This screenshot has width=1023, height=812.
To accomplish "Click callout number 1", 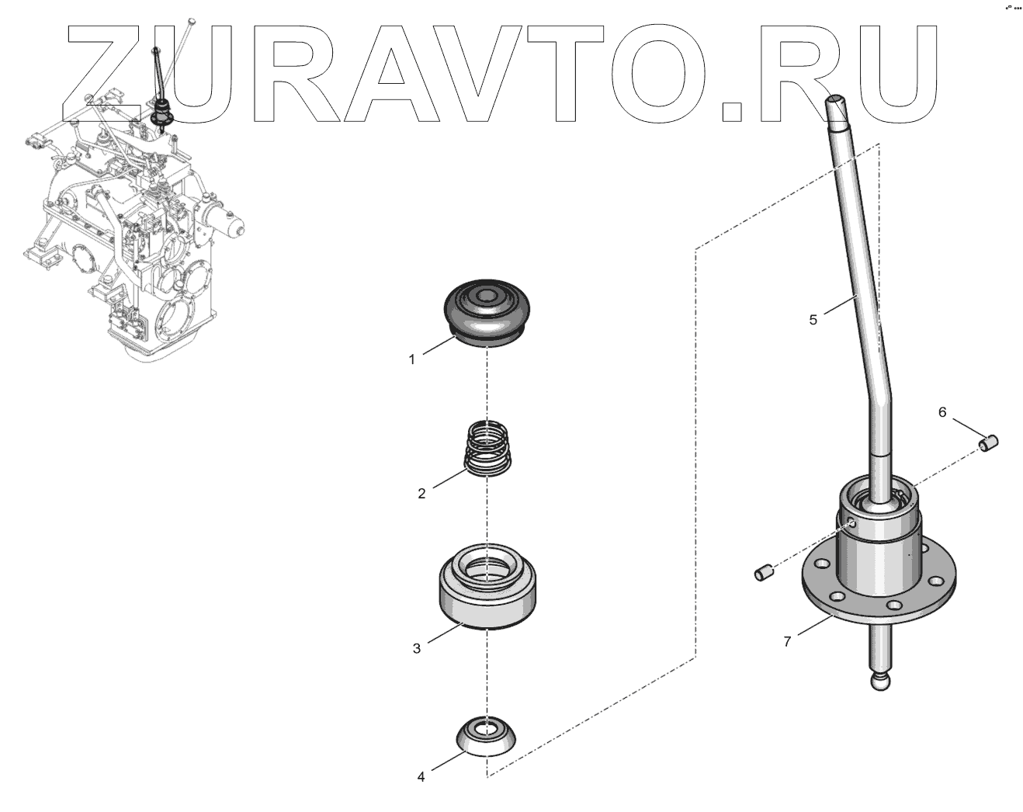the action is pyautogui.click(x=411, y=360).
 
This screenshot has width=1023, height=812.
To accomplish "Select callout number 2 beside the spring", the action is pyautogui.click(x=421, y=494).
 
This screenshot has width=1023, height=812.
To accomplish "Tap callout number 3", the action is pyautogui.click(x=417, y=648).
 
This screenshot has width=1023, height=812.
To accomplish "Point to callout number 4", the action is pyautogui.click(x=421, y=777).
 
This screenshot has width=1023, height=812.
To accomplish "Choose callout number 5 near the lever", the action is pyautogui.click(x=813, y=320).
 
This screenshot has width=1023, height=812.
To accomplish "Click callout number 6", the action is pyautogui.click(x=942, y=412).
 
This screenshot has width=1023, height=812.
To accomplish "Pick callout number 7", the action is pyautogui.click(x=787, y=642).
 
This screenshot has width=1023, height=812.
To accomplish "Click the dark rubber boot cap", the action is pyautogui.click(x=487, y=314).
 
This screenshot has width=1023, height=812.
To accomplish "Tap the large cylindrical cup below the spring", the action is pyautogui.click(x=487, y=586).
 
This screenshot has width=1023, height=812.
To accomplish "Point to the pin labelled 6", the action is pyautogui.click(x=988, y=444).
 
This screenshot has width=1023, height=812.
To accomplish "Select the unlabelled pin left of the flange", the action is pyautogui.click(x=765, y=572).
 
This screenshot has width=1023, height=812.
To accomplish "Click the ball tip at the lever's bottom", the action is pyautogui.click(x=881, y=682).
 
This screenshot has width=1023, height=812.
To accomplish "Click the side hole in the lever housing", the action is pyautogui.click(x=852, y=524).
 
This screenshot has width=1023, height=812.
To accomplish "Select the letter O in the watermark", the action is pyautogui.click(x=660, y=73).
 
